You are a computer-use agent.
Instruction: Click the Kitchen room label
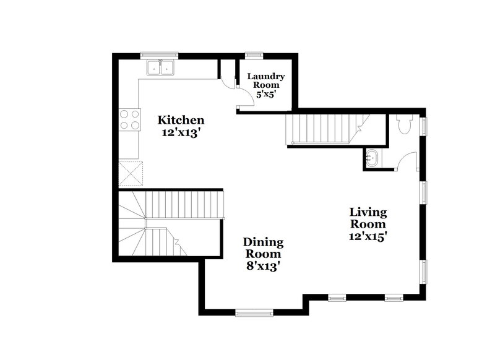coord(180,119)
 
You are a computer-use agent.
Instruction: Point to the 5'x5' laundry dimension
coord(266,95)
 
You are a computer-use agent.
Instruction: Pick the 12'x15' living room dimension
coord(368,236)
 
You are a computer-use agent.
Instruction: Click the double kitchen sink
coord(161,67)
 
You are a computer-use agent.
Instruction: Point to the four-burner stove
coord(129,119)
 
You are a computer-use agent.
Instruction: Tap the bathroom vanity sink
coord(372,159)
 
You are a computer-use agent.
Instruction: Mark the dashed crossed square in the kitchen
coord(131,173)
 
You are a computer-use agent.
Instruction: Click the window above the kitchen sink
coord(159,55)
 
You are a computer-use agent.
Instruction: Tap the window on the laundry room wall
coord(252,55)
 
